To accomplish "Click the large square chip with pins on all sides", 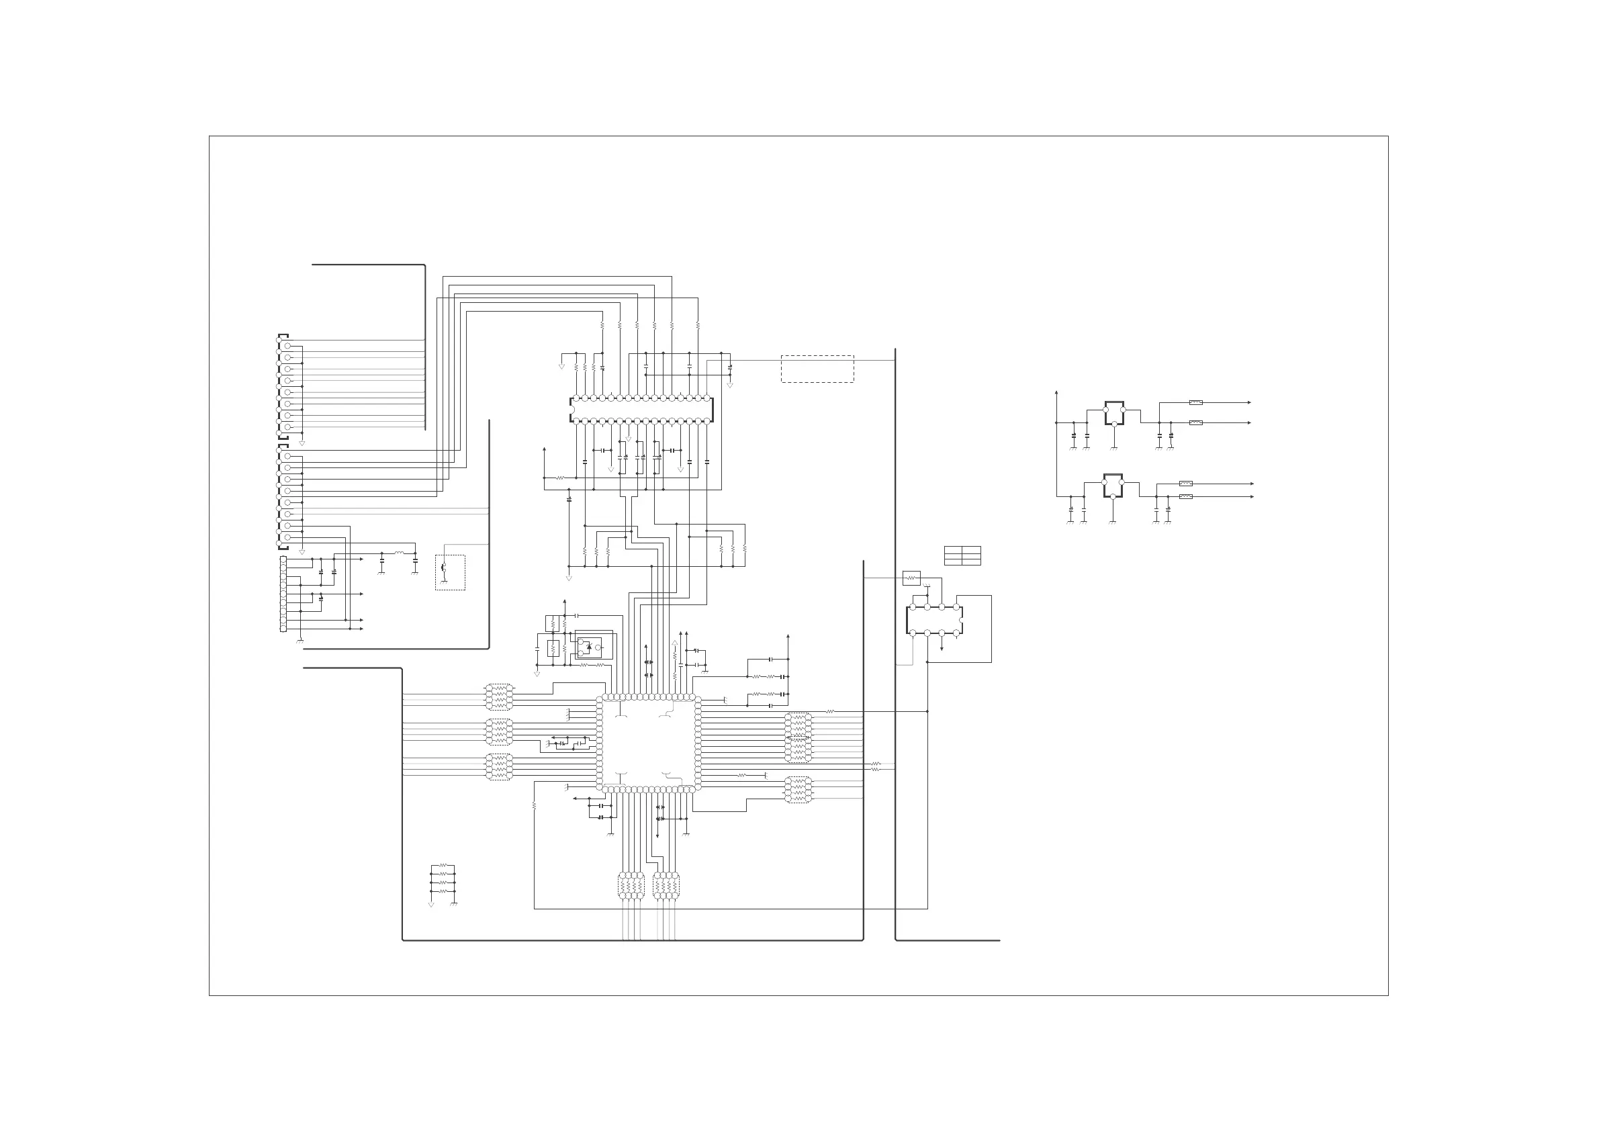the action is click(648, 743).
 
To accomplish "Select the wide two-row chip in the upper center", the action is click(641, 410).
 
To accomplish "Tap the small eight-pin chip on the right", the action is click(935, 620).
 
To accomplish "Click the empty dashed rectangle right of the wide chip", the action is click(817, 369).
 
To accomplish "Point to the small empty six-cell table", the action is click(962, 555).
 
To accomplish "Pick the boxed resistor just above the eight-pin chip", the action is click(911, 578).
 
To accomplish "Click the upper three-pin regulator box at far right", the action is click(1114, 413).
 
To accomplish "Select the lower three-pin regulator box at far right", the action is click(1113, 486).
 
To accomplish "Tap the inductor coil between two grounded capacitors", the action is click(399, 553).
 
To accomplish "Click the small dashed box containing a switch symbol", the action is click(450, 572).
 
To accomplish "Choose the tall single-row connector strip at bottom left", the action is click(283, 594).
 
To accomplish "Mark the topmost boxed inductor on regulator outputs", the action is click(1196, 402).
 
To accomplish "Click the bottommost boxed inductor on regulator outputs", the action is click(1186, 496).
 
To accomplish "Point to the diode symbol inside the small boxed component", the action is click(588, 647).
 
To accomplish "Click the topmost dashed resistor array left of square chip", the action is click(499, 697).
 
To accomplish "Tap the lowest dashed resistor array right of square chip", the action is click(798, 790).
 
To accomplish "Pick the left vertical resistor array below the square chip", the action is click(631, 886).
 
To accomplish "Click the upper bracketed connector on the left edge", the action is click(283, 387).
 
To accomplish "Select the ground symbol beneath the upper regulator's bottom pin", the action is click(1114, 448).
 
